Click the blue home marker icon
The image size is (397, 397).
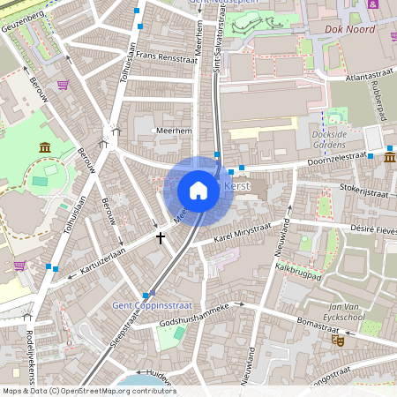[198, 191]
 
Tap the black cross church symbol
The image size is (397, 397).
[160, 236]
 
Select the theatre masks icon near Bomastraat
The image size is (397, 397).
[336, 340]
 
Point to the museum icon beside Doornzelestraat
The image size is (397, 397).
[389, 156]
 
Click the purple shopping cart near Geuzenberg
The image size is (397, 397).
[63, 86]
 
